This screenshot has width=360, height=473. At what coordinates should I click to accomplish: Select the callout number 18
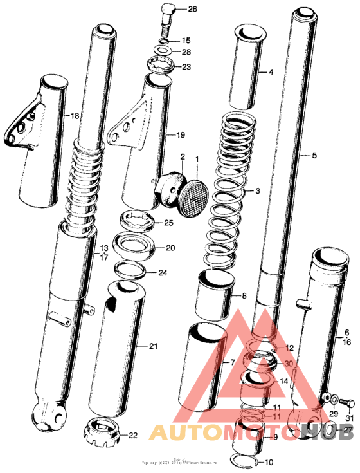point(75,116)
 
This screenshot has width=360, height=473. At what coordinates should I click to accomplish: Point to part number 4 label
point(271,73)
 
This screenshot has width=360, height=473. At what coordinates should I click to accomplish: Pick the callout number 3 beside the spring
point(257,191)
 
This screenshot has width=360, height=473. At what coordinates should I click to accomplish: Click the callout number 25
point(168,223)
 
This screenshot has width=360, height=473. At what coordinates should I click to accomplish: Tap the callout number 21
point(153,347)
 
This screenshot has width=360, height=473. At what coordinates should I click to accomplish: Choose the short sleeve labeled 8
point(214,293)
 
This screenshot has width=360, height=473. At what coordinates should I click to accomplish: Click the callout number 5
point(314,156)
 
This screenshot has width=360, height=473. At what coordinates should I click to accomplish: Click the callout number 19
point(181,136)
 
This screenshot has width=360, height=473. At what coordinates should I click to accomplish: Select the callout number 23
point(186,66)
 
